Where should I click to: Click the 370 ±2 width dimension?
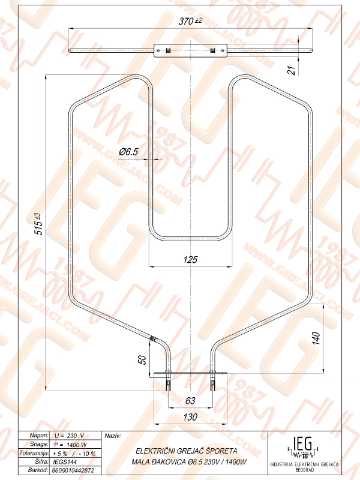click(190, 21)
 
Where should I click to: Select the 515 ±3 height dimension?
click(39, 224)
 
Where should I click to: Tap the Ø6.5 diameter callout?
click(128, 152)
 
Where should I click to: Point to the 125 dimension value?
click(190, 260)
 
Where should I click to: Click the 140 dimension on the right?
click(316, 338)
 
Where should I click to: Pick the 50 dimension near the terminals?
click(142, 359)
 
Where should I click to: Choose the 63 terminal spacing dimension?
click(190, 401)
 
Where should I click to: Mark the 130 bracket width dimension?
click(190, 417)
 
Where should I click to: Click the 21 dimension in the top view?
click(293, 70)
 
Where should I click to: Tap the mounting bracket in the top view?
click(190, 51)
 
